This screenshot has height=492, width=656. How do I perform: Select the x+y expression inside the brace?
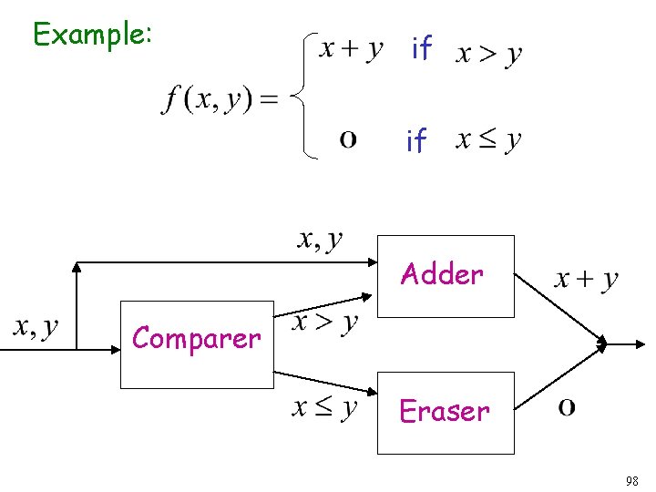coord(351,48)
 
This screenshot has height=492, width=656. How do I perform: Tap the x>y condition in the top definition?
coord(488,53)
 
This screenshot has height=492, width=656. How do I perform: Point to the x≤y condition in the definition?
coord(488,140)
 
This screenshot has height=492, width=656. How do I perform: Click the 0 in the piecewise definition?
coord(347,140)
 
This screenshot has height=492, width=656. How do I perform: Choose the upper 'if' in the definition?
coord(421,48)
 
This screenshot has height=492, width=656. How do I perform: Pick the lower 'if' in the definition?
coord(415,140)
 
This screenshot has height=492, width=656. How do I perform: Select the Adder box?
coord(446,275)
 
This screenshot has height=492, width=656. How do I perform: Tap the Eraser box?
coord(446,412)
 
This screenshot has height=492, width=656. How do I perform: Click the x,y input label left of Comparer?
coord(36,326)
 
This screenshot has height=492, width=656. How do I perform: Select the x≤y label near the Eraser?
coord(324,407)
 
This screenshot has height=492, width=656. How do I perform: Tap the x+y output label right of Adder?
coord(586,279)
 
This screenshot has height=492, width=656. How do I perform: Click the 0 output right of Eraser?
coord(566,408)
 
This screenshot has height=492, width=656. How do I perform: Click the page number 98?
coord(631,480)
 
